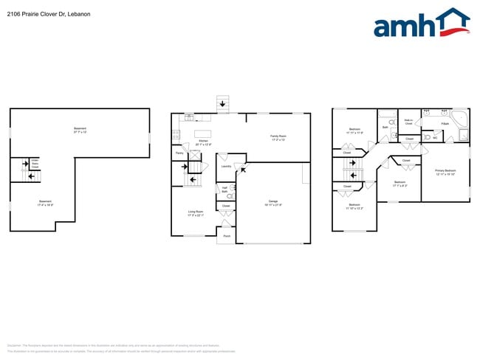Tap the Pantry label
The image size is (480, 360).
pos(179,153)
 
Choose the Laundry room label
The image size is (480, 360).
pos(226,166)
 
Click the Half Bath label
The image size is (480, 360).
pos(224,190)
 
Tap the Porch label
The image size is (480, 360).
pos(226,237)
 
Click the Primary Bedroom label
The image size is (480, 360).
pos(445,171)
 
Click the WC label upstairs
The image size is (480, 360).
pos(435,137)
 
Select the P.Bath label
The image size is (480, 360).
pos(445,123)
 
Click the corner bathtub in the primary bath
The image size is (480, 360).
pos(460,117)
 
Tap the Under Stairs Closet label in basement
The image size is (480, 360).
pos(35,164)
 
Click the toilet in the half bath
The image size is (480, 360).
pos(231,196)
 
